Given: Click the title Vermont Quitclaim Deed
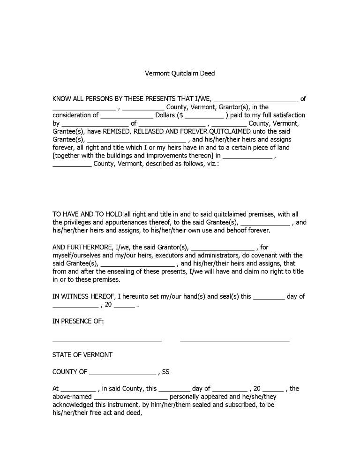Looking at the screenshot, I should coord(180,73).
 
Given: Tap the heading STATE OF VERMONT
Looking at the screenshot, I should coord(82,355).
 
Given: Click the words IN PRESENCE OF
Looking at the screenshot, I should coord(78,321).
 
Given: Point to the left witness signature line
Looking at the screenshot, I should coord(107,340).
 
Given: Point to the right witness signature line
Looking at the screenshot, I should coord(235,340).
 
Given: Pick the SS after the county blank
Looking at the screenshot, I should coord(165,372).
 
